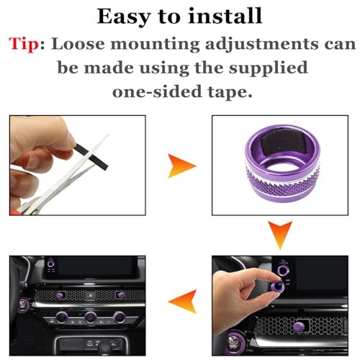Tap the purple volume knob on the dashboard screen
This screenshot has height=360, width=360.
pos(49,264)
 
